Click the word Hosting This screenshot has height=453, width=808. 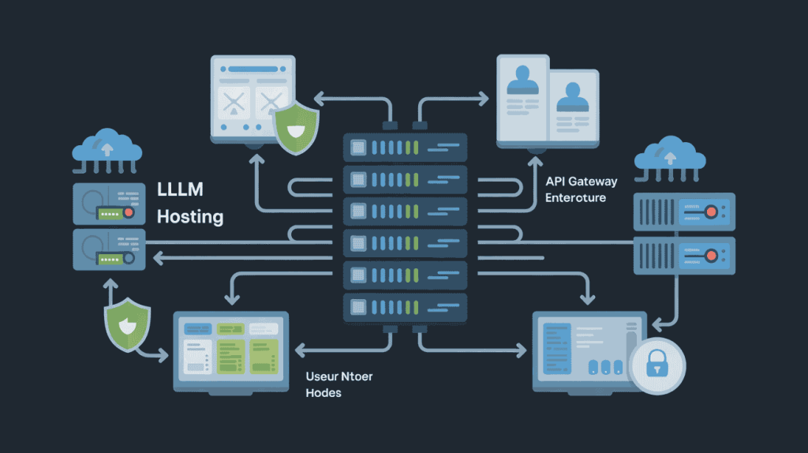pyautogui.click(x=190, y=216)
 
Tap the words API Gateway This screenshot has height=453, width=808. pyautogui.click(x=582, y=182)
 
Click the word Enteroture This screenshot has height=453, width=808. pyautogui.click(x=576, y=197)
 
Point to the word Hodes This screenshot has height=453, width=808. pyautogui.click(x=324, y=392)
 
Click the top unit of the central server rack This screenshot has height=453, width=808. pyautogui.click(x=405, y=148)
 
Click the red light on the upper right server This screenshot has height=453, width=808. pyautogui.click(x=711, y=212)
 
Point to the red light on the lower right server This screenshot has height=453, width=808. pyautogui.click(x=711, y=255)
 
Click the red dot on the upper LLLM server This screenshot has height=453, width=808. pyautogui.click(x=129, y=213)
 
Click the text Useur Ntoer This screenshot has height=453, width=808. pyautogui.click(x=339, y=376)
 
